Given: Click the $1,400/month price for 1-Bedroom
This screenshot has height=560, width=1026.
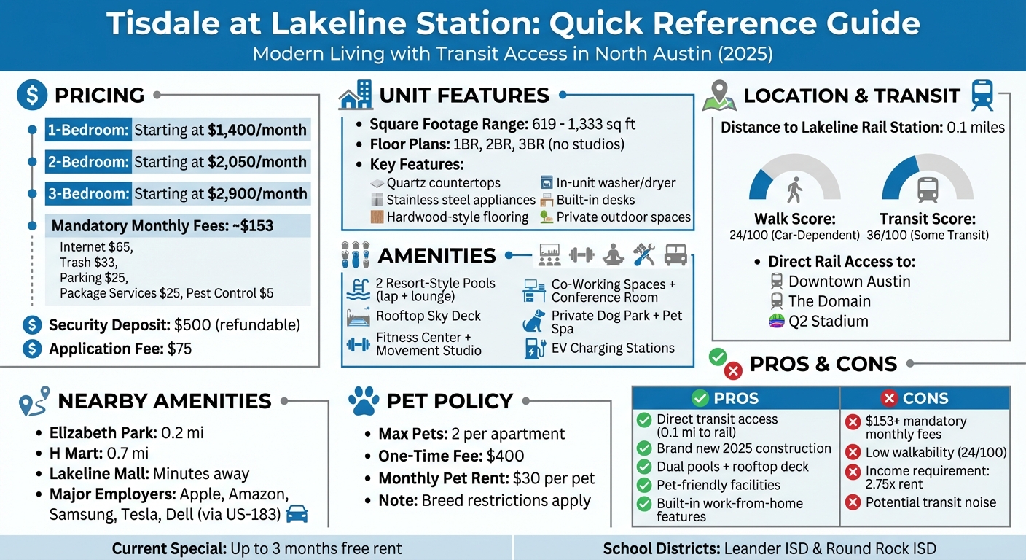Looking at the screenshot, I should click(x=256, y=131).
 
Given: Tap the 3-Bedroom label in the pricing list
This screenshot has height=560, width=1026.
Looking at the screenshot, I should click(x=88, y=194).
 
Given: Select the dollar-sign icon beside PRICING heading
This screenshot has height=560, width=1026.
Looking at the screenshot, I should click(x=31, y=95).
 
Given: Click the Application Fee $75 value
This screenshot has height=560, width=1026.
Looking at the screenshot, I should click(x=179, y=349).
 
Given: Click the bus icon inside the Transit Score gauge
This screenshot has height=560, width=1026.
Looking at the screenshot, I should click(x=928, y=190).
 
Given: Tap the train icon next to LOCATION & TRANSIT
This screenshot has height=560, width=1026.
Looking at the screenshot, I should click(x=983, y=96).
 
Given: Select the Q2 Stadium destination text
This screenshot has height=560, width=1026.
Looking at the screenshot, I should click(x=829, y=321).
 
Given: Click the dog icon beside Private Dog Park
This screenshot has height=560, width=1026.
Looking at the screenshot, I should click(x=534, y=322).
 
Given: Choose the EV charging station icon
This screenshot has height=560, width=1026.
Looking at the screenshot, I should click(x=535, y=349).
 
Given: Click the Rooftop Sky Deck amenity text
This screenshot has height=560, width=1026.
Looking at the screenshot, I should click(x=428, y=316).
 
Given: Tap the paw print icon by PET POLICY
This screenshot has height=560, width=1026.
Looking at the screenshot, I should click(x=364, y=401).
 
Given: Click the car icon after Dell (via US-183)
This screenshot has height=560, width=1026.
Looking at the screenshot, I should click(x=297, y=514).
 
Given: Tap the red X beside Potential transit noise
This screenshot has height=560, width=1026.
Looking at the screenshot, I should click(x=853, y=502).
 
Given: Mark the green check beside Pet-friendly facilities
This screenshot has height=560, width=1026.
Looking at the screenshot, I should click(x=644, y=485).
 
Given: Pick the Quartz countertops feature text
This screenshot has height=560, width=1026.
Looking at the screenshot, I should click(x=444, y=183).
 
